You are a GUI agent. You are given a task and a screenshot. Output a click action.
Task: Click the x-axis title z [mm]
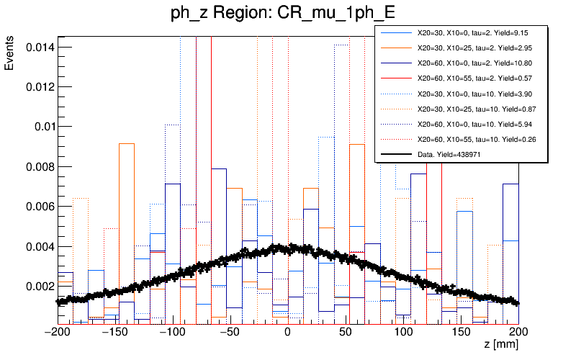point(501,346)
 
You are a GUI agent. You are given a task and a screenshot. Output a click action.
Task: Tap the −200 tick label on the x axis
point(57,333)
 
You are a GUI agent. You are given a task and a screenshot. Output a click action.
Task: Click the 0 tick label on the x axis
point(287,333)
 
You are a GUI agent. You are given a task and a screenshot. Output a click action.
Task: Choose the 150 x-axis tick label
point(461,333)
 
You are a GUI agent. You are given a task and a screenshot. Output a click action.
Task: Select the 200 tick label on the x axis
point(518,333)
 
